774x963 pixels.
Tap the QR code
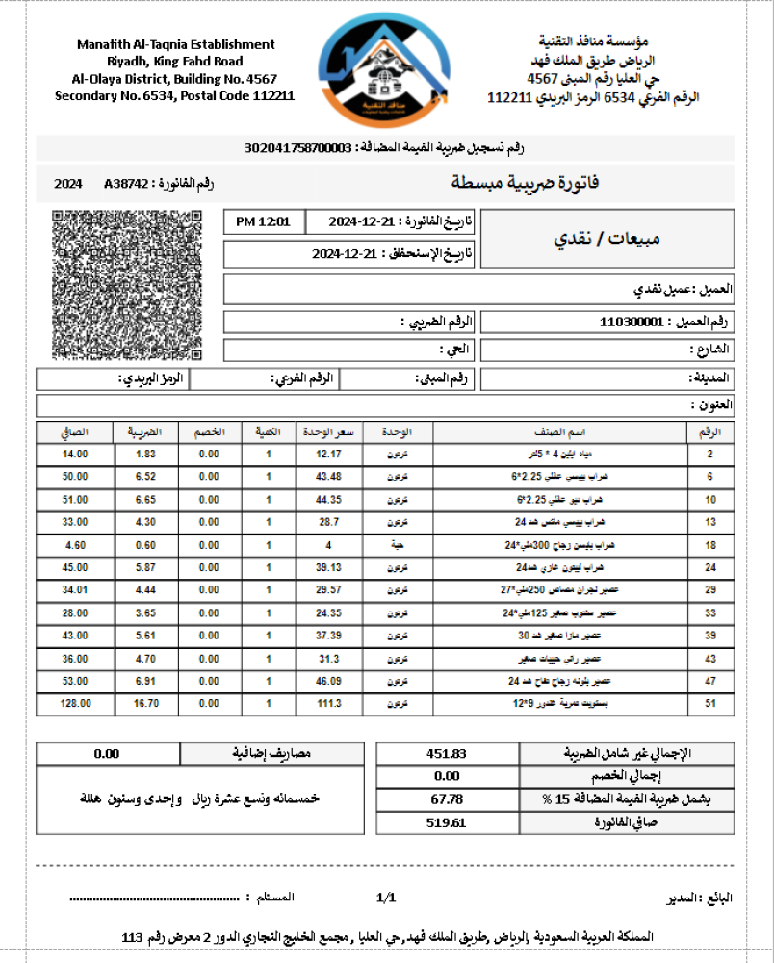tap(128, 286)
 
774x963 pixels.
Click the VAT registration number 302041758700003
tap(298, 147)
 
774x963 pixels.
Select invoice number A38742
tap(125, 183)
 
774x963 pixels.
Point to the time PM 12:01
tap(263, 221)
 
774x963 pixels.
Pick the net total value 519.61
tap(446, 822)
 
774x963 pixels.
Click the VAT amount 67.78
tap(446, 798)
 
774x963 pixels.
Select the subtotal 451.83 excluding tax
tap(446, 753)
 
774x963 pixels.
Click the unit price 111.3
tap(328, 703)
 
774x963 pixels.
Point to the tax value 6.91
tap(145, 681)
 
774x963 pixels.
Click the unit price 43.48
tap(328, 477)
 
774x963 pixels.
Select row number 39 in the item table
tap(709, 636)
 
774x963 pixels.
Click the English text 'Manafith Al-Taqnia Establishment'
tap(175, 44)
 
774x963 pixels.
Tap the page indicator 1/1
tap(386, 898)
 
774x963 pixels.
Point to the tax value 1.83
tap(145, 454)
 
